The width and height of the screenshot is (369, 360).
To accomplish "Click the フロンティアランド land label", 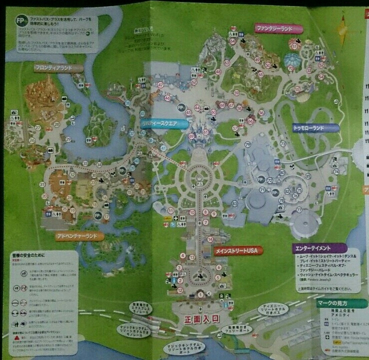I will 53,67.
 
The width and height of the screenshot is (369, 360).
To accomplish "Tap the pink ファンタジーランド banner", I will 274,28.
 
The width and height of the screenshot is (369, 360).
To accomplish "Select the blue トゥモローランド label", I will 315,128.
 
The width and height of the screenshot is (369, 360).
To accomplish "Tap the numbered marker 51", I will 294,46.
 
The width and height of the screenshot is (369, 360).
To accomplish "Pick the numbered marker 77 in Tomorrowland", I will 299,210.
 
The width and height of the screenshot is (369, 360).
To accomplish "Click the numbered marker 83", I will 234,203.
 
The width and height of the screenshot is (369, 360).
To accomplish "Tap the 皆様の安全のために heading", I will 29,254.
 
